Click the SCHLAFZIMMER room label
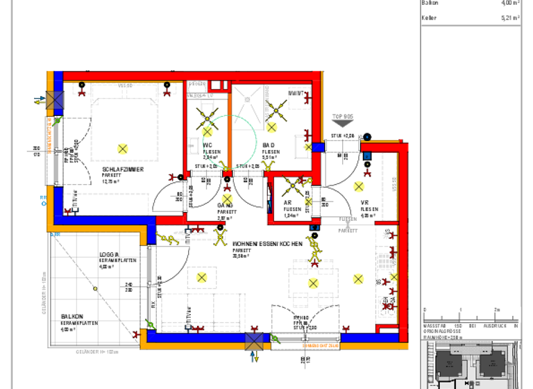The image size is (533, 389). [123, 169]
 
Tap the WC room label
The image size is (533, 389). [207, 145]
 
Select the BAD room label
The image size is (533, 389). [269, 145]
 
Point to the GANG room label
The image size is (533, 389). [225, 206]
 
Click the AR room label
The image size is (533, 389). [287, 203]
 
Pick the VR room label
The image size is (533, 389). [365, 203]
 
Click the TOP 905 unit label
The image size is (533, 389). [343, 116]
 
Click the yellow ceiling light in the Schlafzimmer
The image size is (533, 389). [123, 148]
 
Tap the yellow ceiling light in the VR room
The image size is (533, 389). [359, 186]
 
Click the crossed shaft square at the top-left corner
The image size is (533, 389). [55, 100]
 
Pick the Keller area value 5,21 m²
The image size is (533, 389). [510, 19]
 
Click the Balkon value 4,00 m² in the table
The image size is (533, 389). [510, 3]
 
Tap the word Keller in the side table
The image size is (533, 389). [430, 19]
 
